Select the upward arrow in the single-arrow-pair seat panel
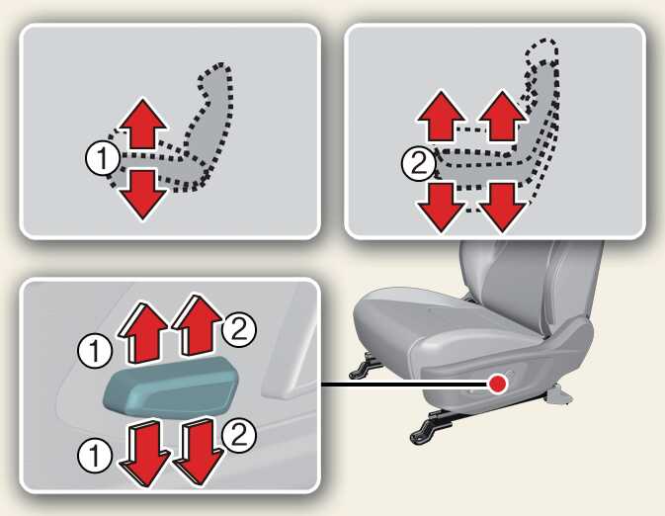[x=142, y=124]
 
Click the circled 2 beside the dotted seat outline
[x=419, y=163]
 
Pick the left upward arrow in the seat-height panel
[x=442, y=116]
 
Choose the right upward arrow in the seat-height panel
[x=503, y=116]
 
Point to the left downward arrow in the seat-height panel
[x=442, y=208]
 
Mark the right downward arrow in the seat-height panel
[x=503, y=208]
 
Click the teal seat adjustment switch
[x=170, y=385]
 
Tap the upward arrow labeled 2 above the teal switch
[x=196, y=324]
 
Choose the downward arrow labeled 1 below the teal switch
[x=143, y=453]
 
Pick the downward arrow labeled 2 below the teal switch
[x=198, y=451]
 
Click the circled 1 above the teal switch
[x=95, y=351]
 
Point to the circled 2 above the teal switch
[x=239, y=329]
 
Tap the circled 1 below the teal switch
[x=95, y=456]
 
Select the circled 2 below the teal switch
[x=239, y=434]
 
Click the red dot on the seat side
[x=497, y=384]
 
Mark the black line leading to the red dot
[x=404, y=384]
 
